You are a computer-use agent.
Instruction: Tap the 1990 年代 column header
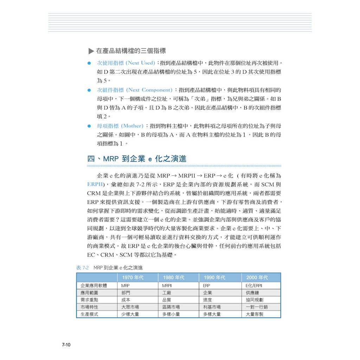(x=214, y=277)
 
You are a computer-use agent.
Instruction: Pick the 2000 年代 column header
(x=257, y=277)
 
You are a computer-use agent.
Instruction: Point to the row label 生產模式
(x=89, y=314)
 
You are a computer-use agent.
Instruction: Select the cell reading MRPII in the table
(x=167, y=286)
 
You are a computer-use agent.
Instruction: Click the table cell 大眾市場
(x=130, y=307)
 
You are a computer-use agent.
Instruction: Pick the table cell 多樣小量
(x=171, y=314)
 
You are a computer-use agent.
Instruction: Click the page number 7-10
(x=66, y=345)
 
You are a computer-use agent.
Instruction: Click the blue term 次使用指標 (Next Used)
(x=126, y=63)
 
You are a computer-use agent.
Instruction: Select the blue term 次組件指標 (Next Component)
(x=135, y=90)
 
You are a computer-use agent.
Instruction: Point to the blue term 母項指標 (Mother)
(x=120, y=126)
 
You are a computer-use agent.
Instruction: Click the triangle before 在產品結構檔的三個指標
(x=91, y=51)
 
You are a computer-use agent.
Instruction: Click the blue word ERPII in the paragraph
(x=95, y=184)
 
